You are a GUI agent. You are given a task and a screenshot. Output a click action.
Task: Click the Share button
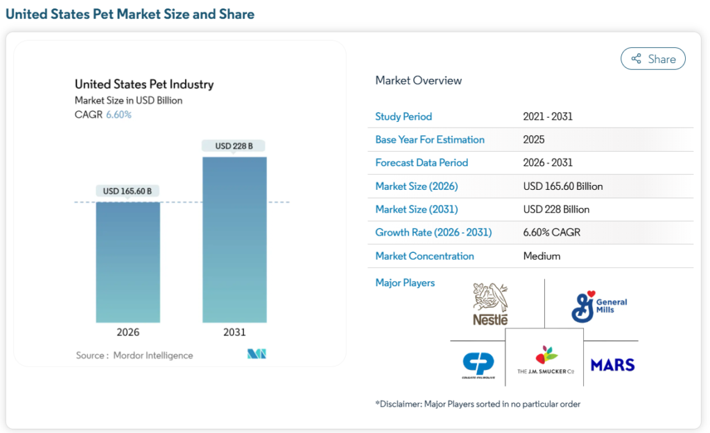point(652,59)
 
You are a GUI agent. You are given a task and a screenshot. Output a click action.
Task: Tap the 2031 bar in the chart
point(234,239)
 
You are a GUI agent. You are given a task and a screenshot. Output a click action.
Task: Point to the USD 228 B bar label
point(234,146)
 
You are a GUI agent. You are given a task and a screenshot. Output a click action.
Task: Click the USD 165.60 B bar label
point(128,191)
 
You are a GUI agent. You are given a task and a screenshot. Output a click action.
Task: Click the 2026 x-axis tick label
point(128,333)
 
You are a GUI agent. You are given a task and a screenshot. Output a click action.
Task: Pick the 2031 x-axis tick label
point(234,333)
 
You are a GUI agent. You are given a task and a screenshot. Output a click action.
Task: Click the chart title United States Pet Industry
point(144,85)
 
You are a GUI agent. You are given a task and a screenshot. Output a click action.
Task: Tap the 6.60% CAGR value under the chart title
point(119,115)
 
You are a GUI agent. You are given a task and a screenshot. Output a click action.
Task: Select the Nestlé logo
point(490,304)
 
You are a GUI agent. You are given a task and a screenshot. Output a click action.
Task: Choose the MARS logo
point(612,364)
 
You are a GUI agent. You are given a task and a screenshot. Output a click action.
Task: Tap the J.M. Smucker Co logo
point(546,360)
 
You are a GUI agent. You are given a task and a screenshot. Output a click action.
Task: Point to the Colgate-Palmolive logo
point(478,364)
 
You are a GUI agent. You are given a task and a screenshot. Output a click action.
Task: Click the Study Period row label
point(404,116)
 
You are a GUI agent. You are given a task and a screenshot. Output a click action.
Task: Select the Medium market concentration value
point(542,256)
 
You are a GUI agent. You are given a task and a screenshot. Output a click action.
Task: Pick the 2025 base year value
point(534,139)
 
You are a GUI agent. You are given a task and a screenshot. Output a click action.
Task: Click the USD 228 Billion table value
point(556,209)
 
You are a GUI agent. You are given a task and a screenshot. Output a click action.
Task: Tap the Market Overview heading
point(418,80)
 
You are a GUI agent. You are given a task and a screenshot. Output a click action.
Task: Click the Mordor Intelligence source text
point(154,355)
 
